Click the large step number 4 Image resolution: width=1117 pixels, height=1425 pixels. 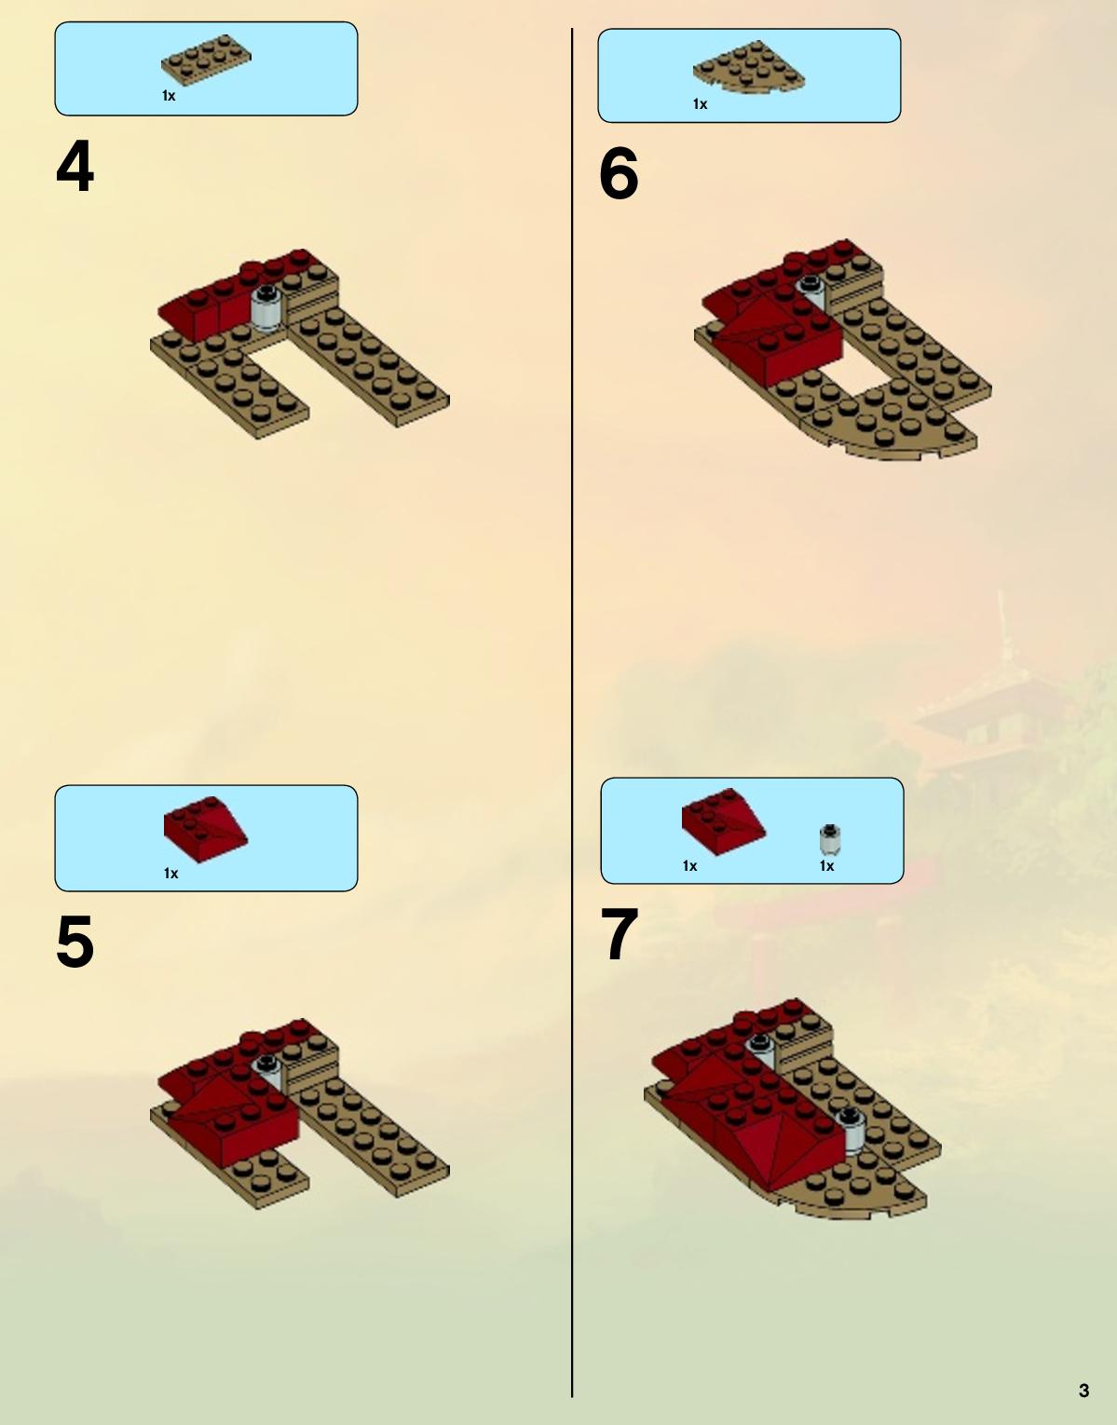point(75,166)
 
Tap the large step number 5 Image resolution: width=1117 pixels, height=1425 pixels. point(75,941)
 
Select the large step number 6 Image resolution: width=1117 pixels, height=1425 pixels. point(619,173)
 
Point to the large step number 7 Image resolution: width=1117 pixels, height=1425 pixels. point(620,934)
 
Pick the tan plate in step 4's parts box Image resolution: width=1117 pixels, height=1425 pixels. point(206,61)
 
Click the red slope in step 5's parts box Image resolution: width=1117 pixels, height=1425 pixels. point(205,830)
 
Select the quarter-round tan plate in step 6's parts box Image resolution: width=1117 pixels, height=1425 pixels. point(749,65)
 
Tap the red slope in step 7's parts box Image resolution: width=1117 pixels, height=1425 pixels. point(724,821)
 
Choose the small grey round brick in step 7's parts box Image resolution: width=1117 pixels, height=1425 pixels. point(830,840)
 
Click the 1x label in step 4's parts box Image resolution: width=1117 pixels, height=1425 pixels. point(169,96)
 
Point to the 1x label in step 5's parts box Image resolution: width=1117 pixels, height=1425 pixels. point(170,874)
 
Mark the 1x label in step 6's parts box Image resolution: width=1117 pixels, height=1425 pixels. point(700,104)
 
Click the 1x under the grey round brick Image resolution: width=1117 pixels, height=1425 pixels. point(826,866)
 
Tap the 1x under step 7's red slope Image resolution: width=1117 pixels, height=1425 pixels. point(689,866)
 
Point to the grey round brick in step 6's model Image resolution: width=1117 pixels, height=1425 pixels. point(813,291)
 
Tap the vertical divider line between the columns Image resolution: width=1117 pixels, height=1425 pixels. point(572,712)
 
